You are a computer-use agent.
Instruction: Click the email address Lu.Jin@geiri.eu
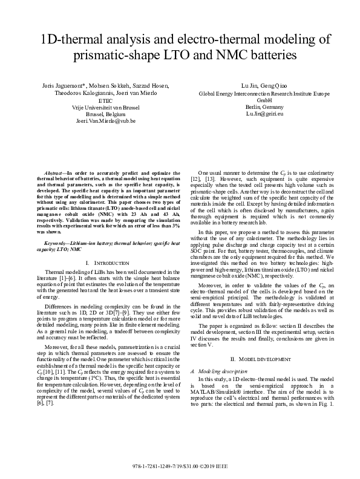pos(261,114)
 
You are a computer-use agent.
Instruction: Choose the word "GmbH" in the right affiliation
pos(261,100)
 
